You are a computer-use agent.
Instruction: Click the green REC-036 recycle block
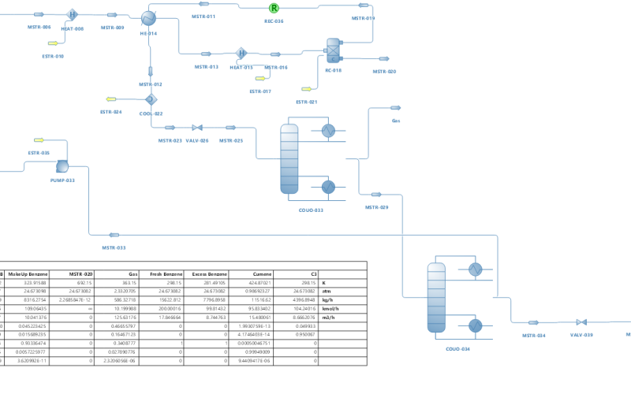pyautogui.click(x=274, y=8)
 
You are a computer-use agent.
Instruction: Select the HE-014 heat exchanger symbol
pyautogui.click(x=149, y=18)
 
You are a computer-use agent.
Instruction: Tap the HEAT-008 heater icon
pyautogui.click(x=73, y=14)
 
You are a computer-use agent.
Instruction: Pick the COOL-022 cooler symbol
pyautogui.click(x=150, y=99)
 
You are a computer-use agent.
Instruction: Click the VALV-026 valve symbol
pyautogui.click(x=197, y=128)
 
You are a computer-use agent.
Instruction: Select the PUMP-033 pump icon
pyautogui.click(x=63, y=165)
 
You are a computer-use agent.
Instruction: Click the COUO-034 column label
pyautogui.click(x=457, y=348)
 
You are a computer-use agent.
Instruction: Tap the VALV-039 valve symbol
pyautogui.click(x=581, y=322)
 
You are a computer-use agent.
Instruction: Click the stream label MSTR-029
pyautogui.click(x=376, y=207)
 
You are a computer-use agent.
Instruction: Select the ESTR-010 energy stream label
pyautogui.click(x=53, y=57)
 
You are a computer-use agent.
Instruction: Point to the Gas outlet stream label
pyautogui.click(x=396, y=121)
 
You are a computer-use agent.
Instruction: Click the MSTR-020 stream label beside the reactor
pyautogui.click(x=384, y=72)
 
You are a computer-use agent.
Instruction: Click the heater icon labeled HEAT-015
pyautogui.click(x=241, y=54)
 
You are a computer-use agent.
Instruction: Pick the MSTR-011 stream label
pyautogui.click(x=204, y=17)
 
